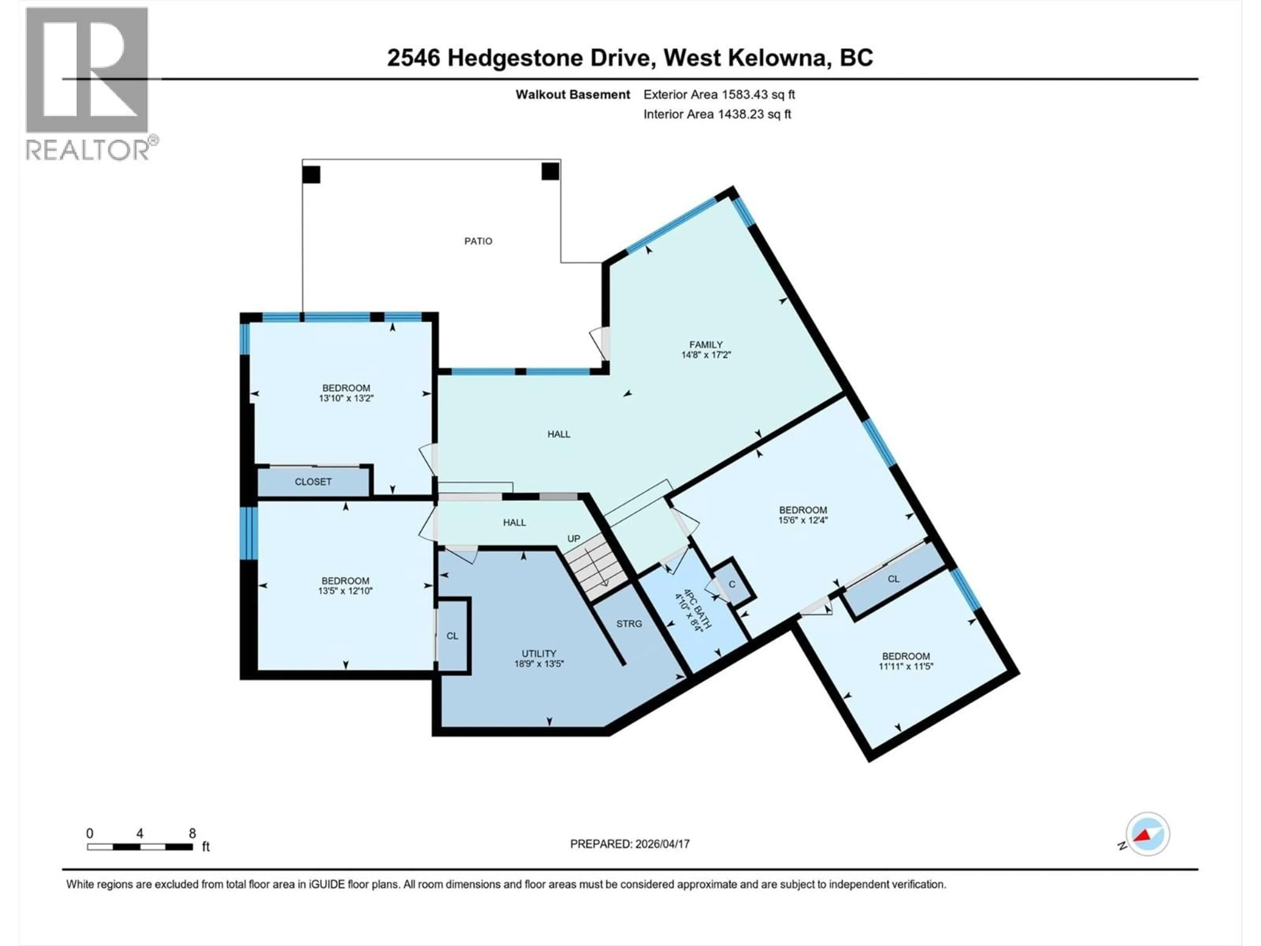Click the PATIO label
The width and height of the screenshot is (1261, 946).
pos(478,241)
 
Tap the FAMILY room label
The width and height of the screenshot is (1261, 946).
pos(706,345)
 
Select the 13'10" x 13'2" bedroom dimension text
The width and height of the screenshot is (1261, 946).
pos(346,398)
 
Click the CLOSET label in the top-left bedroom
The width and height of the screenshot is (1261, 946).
pos(313,482)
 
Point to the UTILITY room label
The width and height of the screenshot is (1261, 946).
pos(539,653)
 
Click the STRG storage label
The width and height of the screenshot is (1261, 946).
pos(629,624)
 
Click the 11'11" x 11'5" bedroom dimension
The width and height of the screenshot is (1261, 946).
pos(905,666)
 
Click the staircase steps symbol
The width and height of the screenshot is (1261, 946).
pos(597,565)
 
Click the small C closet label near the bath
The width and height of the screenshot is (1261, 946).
pos(732,584)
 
